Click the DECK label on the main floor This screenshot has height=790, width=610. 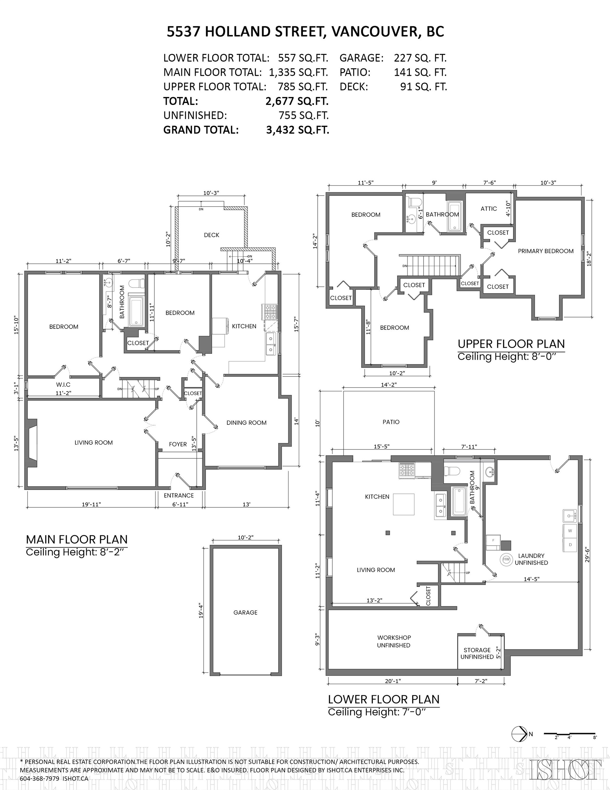pyautogui.click(x=211, y=235)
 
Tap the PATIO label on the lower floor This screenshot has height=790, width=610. pyautogui.click(x=391, y=422)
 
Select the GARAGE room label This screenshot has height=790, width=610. pyautogui.click(x=245, y=612)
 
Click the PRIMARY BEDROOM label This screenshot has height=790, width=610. pyautogui.click(x=546, y=251)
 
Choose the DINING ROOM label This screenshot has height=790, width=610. pyautogui.click(x=247, y=422)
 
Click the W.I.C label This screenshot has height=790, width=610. pyautogui.click(x=63, y=384)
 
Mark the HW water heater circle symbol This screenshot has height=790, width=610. pyautogui.click(x=506, y=559)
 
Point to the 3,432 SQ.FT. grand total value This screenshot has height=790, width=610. pyautogui.click(x=297, y=130)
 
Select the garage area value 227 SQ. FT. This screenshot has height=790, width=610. pyautogui.click(x=420, y=58)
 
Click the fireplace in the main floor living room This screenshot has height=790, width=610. pyautogui.click(x=32, y=443)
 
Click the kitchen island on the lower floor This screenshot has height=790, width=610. pyautogui.click(x=404, y=504)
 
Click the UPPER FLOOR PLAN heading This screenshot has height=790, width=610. pyautogui.click(x=511, y=344)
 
